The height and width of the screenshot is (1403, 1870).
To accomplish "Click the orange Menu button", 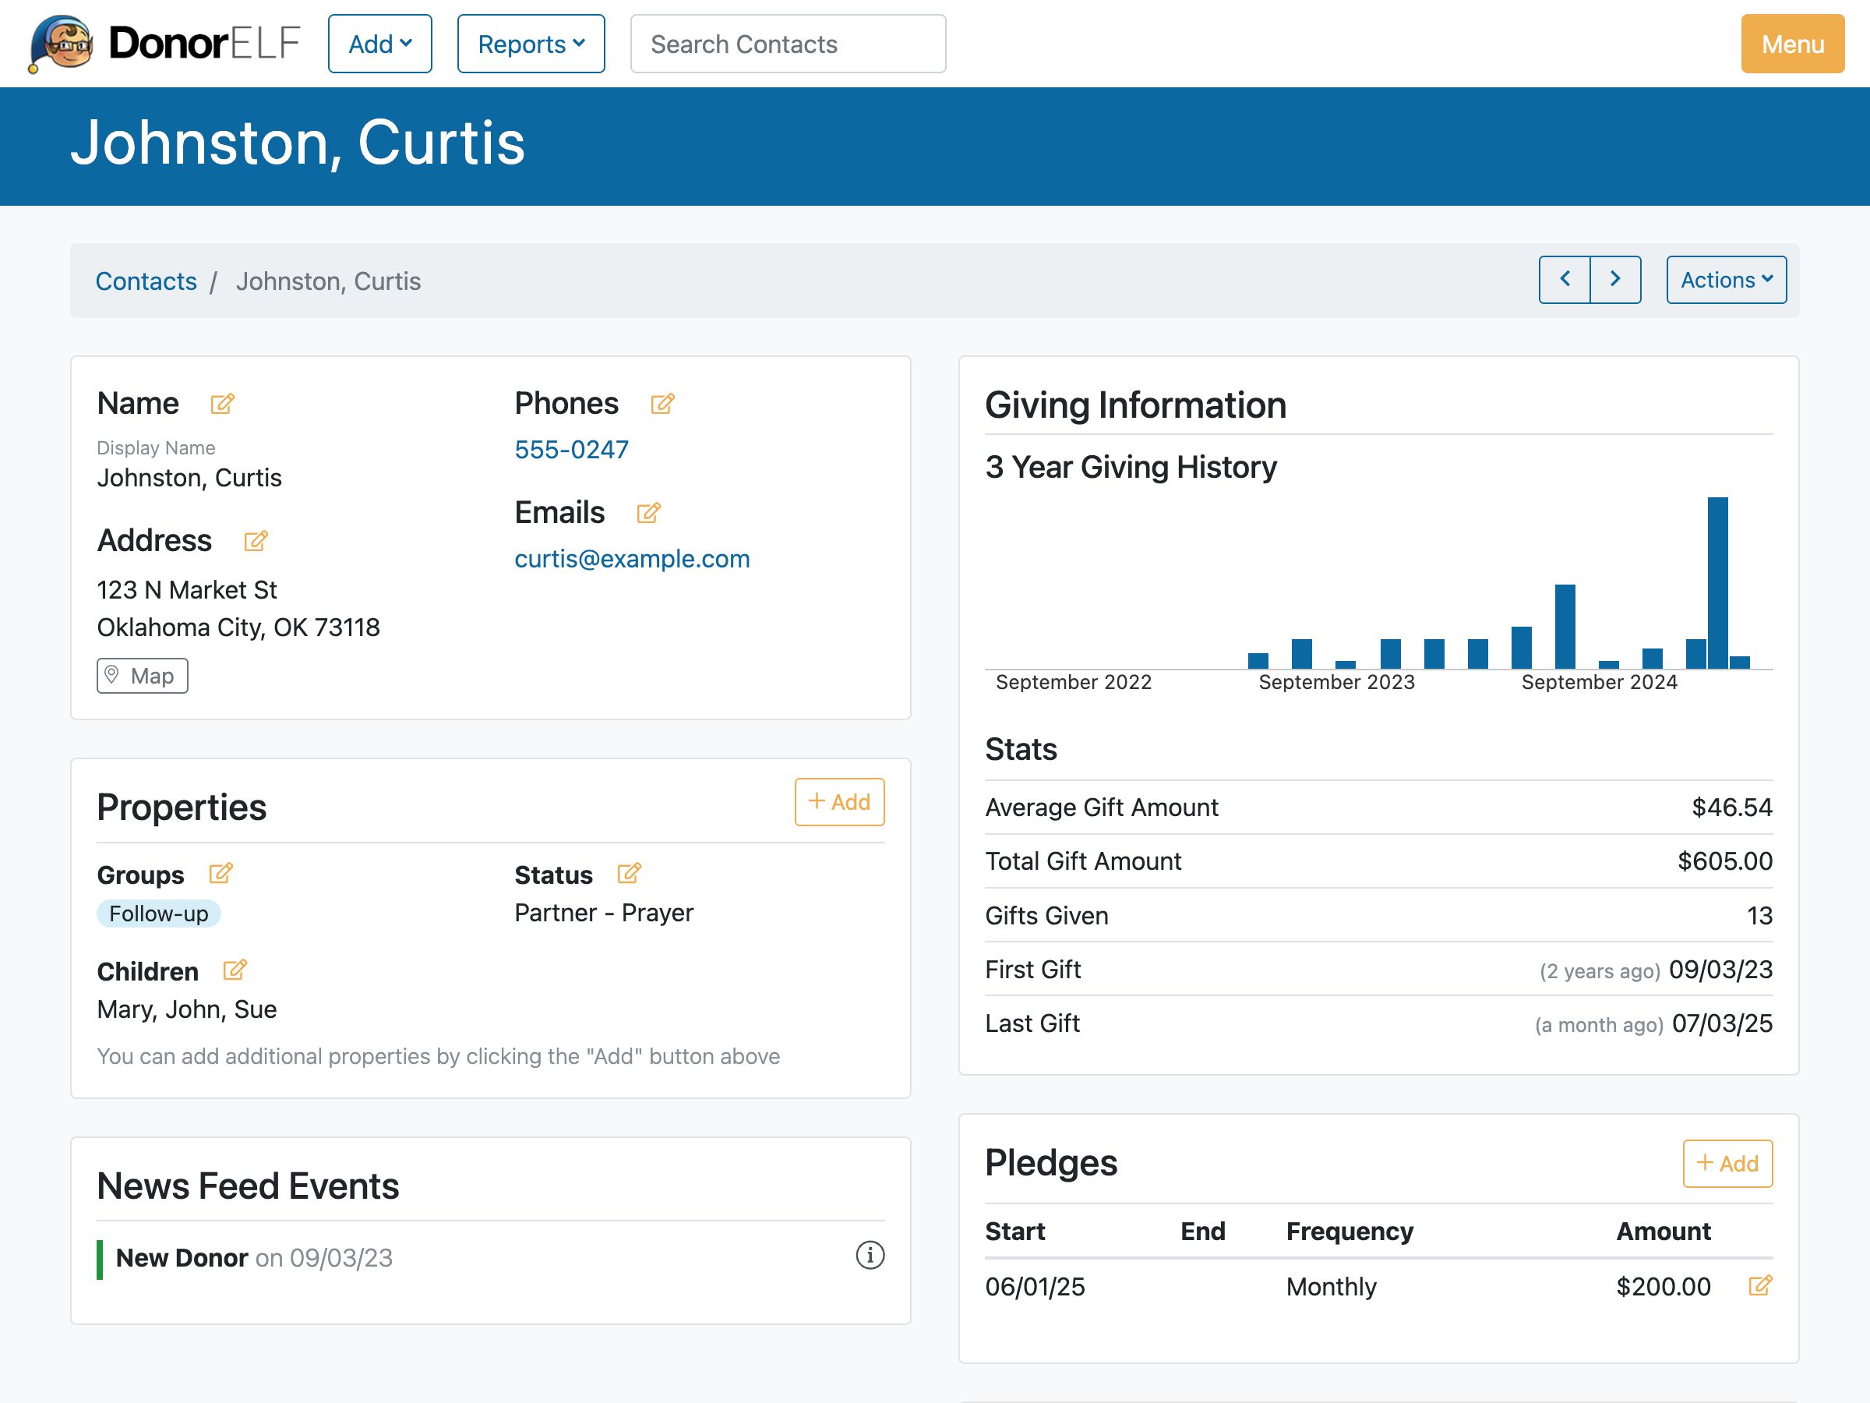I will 1791,44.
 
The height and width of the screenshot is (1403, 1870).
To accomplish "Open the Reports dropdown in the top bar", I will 530,44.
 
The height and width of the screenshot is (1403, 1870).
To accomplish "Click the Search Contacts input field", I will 787,44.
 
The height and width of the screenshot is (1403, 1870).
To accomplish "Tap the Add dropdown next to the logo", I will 379,44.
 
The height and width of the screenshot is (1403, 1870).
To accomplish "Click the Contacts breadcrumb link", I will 146,281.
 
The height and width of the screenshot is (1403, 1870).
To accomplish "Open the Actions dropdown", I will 1725,280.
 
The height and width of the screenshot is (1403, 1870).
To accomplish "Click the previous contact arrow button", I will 1564,280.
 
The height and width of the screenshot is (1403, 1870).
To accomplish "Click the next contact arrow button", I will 1614,280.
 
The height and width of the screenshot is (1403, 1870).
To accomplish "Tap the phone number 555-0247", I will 571,450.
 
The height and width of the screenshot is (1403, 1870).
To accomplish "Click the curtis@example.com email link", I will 631,559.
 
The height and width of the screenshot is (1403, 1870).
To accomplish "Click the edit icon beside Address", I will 256,541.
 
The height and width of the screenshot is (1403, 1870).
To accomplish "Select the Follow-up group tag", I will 158,914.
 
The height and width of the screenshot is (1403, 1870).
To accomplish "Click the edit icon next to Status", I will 629,874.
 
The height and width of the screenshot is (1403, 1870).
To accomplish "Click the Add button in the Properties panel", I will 838,802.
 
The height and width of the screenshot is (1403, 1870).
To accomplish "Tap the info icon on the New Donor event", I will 870,1256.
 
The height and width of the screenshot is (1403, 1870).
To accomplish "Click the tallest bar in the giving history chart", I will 1717,584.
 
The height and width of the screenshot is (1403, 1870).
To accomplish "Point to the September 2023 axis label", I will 1335,683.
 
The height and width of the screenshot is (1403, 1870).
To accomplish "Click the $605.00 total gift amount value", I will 1724,862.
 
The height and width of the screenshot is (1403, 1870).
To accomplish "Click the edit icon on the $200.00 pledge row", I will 1760,1286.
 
